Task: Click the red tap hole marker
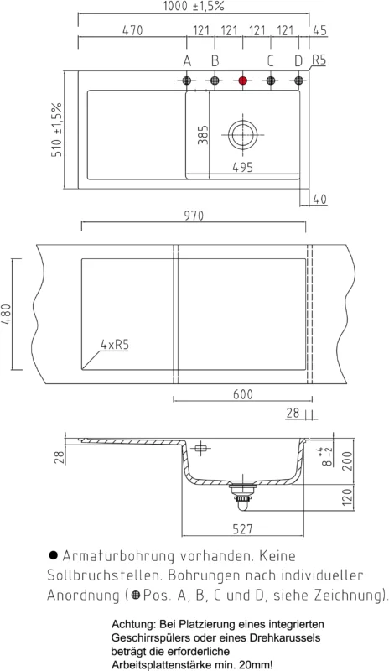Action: [242, 80]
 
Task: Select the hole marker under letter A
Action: [187, 80]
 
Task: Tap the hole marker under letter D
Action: [298, 80]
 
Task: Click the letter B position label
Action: [215, 61]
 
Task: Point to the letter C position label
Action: [270, 61]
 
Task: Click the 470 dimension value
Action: [132, 30]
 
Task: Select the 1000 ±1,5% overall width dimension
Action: [194, 7]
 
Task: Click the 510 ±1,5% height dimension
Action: [57, 130]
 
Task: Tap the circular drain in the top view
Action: [242, 134]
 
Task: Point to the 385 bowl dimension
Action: [203, 135]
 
